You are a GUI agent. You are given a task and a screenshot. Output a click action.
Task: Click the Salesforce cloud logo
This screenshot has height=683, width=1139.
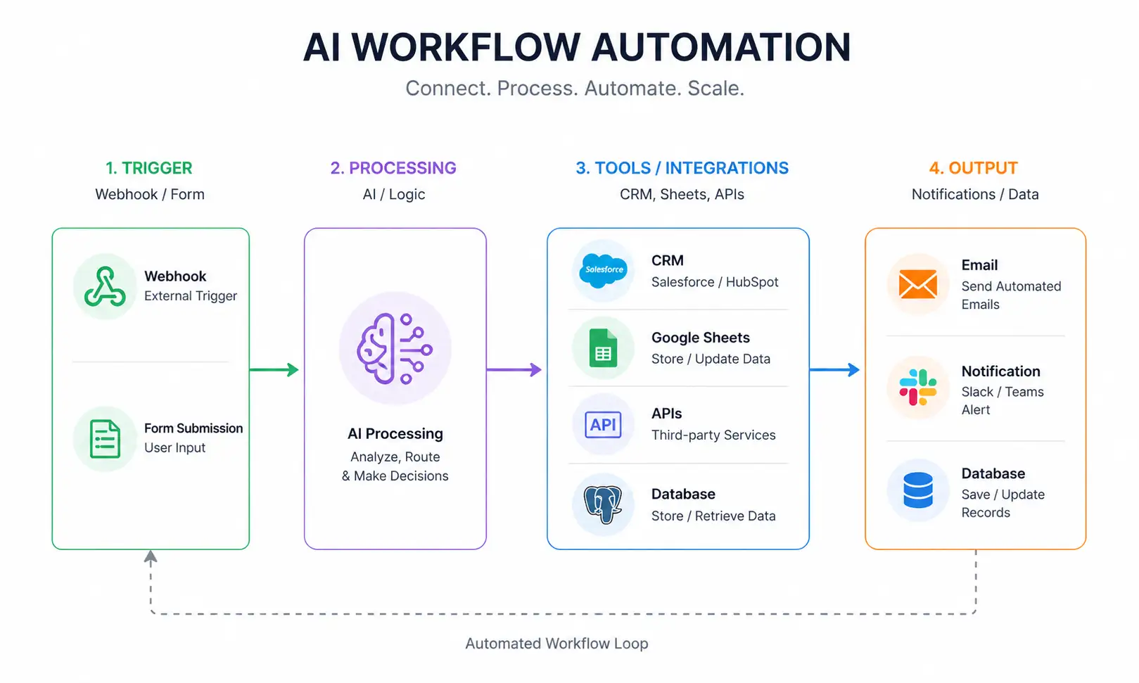604,270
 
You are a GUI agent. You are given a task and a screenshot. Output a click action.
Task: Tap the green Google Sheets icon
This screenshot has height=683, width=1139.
603,349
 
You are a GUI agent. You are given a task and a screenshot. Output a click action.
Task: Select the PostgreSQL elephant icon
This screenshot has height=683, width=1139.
603,504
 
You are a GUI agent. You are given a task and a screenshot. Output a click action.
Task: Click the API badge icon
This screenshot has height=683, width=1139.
603,425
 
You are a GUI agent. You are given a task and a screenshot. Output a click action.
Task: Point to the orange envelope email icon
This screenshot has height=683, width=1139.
918,285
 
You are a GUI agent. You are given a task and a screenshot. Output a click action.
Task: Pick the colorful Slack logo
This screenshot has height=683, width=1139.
918,388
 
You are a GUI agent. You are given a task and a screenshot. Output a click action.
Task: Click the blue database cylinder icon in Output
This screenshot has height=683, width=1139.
918,490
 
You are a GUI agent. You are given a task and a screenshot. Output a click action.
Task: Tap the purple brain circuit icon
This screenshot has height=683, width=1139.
395,348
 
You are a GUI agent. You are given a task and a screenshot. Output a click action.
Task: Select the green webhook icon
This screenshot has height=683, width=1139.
105,287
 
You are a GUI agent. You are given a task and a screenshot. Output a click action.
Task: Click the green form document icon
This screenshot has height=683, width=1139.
105,439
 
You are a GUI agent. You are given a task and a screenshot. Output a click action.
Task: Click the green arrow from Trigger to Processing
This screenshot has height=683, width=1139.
274,369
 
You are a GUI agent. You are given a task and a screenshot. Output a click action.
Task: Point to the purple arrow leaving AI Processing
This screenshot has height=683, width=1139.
514,369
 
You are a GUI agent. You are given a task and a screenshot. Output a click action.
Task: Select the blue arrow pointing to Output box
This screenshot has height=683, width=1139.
835,369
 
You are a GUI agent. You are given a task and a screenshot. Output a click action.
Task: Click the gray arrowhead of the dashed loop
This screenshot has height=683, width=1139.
151,557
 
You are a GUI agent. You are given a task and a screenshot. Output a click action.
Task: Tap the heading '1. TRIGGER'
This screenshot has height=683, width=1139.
148,168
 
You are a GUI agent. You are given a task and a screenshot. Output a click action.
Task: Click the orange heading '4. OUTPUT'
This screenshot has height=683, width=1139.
973,168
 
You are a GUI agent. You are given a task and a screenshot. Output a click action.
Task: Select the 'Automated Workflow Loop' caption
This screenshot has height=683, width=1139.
556,644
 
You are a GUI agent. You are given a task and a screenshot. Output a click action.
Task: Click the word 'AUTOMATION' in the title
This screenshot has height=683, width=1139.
721,47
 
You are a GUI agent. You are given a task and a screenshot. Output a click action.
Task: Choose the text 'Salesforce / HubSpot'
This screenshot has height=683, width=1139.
715,282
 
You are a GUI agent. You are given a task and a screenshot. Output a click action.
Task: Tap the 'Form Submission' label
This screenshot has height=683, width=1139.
193,428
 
